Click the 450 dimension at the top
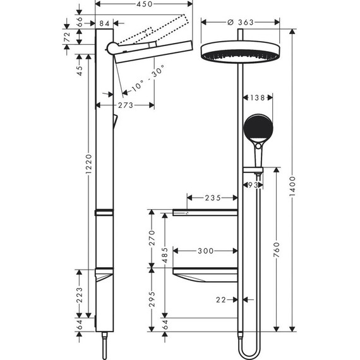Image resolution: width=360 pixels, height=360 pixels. pos(144,4)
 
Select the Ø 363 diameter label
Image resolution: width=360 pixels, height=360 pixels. pos(240,22)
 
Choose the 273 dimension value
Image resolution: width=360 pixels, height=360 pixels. pos(125,105)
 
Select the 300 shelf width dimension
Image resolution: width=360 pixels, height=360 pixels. pos(205,251)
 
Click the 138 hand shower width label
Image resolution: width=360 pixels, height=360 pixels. pos(257,98)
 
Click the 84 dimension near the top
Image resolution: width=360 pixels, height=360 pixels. pos(105,23)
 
